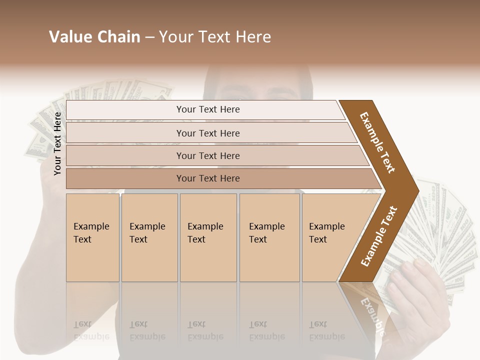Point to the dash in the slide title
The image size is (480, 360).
pos(149,37)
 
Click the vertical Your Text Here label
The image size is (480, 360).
pos(57,143)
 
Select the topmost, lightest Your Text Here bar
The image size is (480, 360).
pos(207,109)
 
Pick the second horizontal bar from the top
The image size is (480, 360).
pos(207,133)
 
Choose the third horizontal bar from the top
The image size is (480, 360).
pos(207,155)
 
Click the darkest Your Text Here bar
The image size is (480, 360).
pos(207,178)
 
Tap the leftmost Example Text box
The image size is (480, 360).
pos(92,237)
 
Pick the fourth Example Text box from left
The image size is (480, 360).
pos(269,237)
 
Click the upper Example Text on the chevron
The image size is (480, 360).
pos(377,142)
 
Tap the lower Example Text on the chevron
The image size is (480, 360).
pos(379,236)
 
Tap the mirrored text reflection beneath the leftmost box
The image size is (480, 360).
pos(91,330)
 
